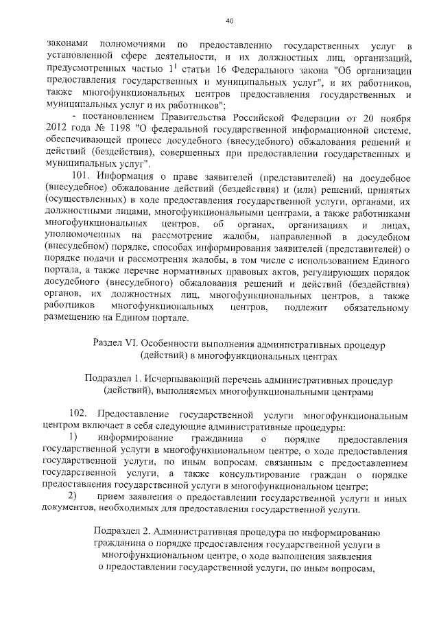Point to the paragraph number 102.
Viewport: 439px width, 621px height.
80,415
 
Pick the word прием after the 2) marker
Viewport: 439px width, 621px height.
113,497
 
